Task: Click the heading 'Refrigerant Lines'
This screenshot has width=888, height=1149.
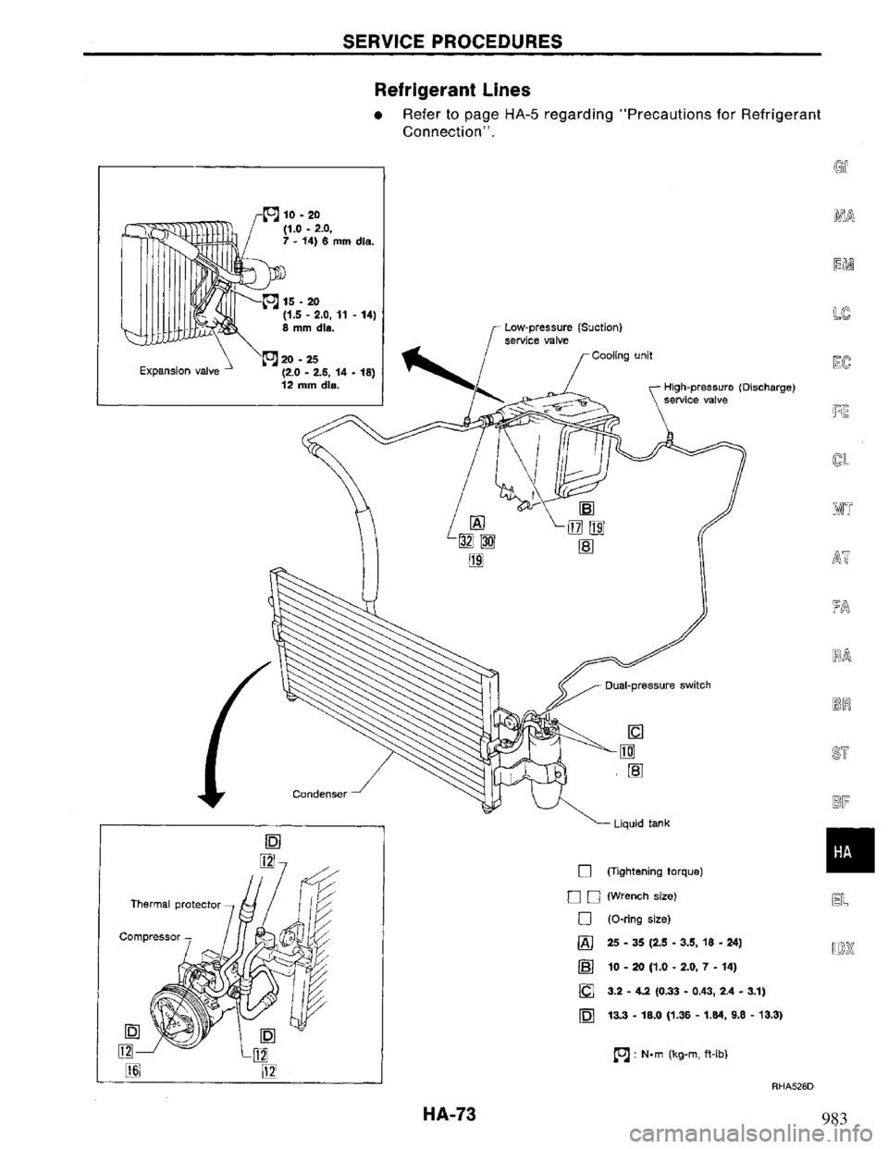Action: coord(438,90)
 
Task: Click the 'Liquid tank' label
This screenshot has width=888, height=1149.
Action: coord(639,822)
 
